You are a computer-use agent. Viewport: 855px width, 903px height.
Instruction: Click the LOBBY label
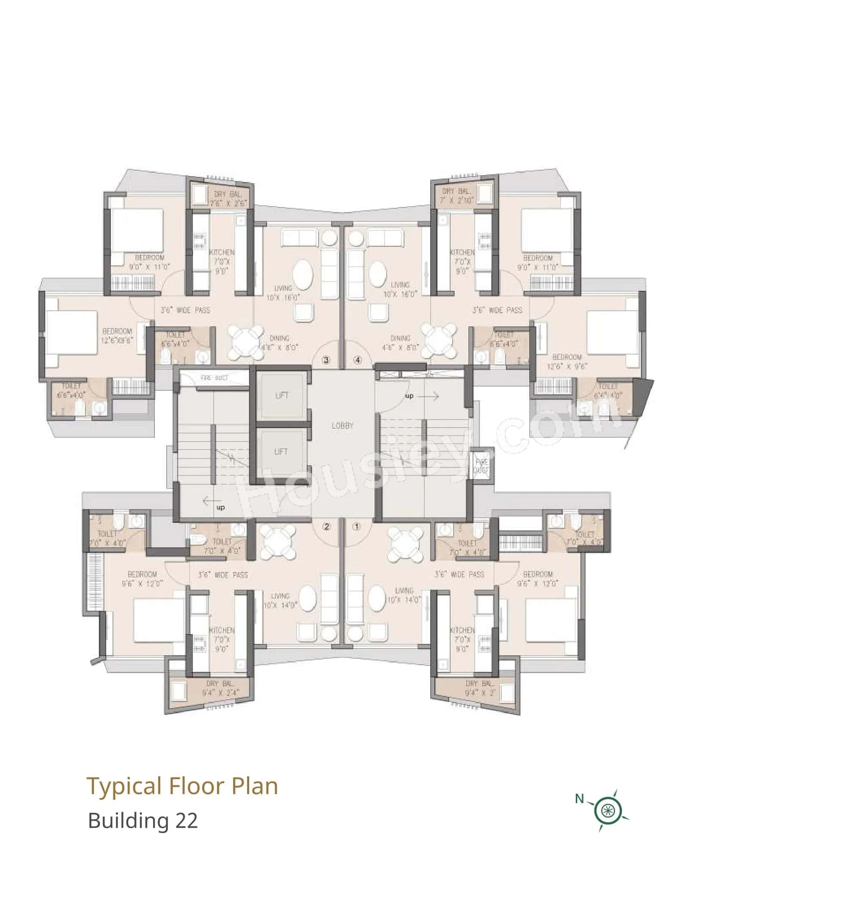point(342,425)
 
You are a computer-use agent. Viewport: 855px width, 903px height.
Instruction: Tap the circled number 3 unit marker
point(326,360)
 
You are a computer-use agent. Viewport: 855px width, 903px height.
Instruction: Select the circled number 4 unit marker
point(358,360)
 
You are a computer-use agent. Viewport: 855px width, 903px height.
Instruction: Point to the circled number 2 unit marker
point(326,527)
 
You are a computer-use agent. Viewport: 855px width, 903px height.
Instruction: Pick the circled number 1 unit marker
point(356,527)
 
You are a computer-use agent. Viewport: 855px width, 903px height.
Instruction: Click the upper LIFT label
point(282,395)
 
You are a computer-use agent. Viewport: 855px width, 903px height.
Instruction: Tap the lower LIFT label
point(281,451)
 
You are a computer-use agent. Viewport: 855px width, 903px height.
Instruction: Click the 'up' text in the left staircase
point(220,508)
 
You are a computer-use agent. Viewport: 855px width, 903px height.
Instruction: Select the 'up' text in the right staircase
point(409,396)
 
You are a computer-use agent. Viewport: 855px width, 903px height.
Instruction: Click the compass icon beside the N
point(607,810)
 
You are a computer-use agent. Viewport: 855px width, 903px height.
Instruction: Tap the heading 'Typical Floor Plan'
point(182,786)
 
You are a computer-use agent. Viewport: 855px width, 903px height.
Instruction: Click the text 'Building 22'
point(143,820)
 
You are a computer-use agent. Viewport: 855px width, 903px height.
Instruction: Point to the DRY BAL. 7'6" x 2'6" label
point(228,199)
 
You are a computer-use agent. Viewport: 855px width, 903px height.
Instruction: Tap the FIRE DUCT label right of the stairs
point(481,466)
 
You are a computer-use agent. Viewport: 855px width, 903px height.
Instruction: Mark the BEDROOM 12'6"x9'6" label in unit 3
point(117,336)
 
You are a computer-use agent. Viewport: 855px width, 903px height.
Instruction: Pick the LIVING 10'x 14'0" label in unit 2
point(280,600)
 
